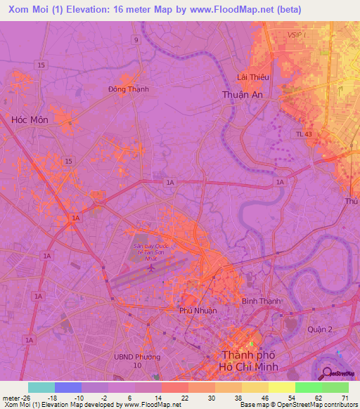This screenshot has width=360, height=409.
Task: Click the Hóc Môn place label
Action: (30, 120)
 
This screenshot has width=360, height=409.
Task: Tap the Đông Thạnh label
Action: (129, 89)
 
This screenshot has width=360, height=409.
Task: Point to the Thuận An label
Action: (241, 94)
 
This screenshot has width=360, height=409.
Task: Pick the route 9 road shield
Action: (136, 40)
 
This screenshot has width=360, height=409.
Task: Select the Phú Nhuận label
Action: (198, 310)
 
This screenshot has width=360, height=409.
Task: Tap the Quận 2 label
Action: (319, 329)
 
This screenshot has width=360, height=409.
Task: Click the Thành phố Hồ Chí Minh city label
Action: (250, 361)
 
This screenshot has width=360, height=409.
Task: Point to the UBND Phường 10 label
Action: (138, 361)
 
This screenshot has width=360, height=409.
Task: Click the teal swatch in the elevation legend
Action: (41, 387)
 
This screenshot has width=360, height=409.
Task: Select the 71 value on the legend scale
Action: (344, 398)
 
